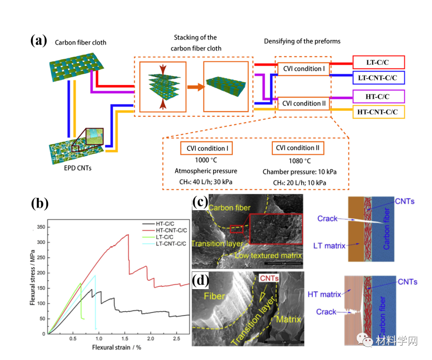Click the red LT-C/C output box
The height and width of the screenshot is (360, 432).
coord(378,62)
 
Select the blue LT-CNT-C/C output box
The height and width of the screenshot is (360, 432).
coord(378,78)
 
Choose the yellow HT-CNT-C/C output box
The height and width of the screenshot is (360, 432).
coord(378,112)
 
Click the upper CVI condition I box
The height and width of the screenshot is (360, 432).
coord(304,69)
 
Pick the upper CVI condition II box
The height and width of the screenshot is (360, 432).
coord(304,103)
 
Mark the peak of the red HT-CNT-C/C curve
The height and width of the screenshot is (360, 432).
coord(128,235)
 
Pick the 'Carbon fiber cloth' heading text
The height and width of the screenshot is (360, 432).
coord(80,42)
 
